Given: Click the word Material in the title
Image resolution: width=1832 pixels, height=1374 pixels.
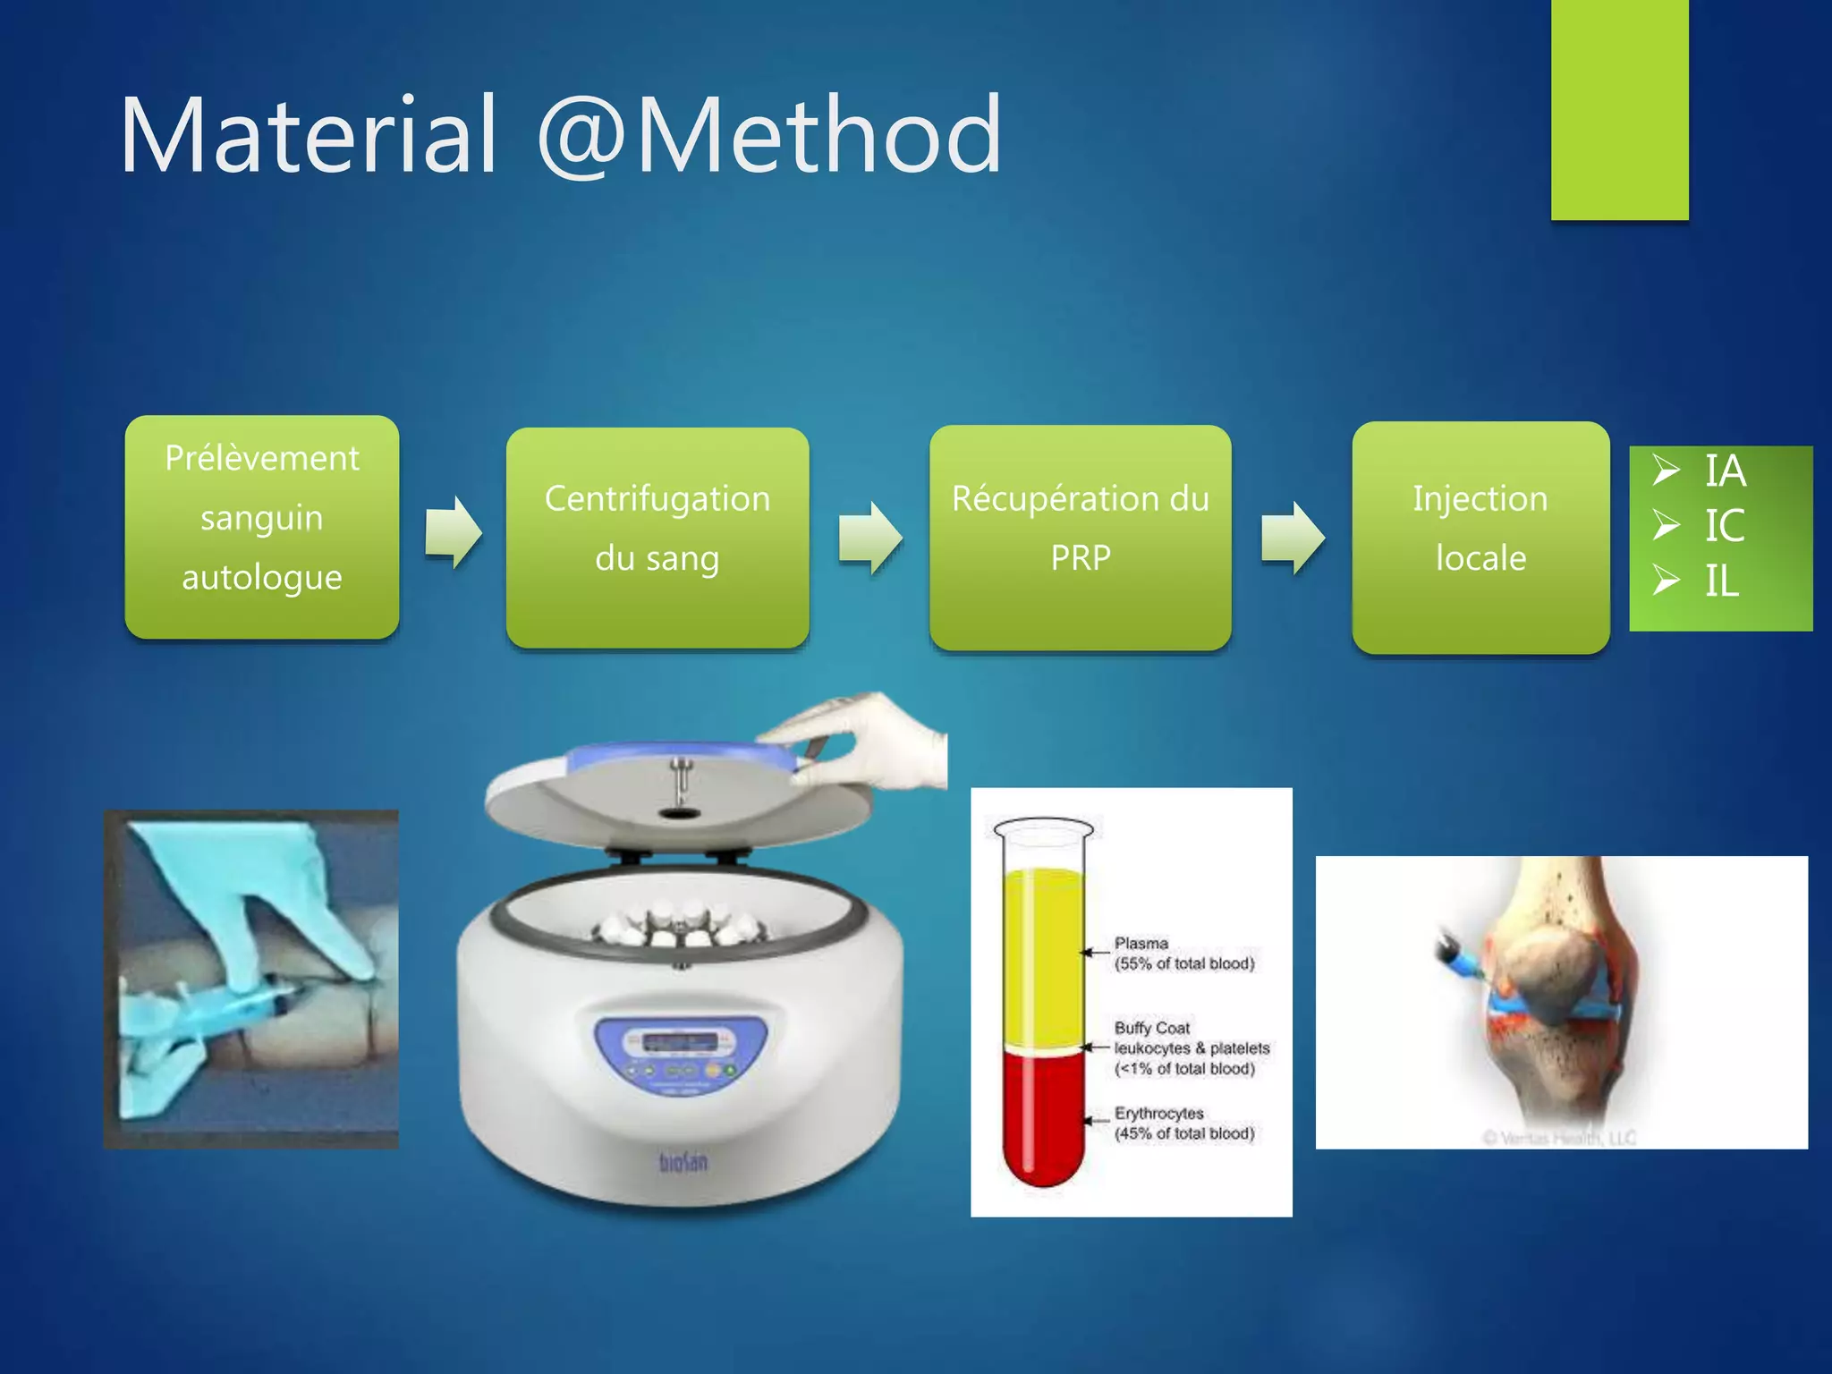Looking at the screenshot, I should [309, 136].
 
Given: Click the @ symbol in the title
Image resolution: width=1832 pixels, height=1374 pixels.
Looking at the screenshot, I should [581, 136].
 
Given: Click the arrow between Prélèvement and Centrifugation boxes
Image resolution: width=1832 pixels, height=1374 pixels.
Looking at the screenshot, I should [454, 532].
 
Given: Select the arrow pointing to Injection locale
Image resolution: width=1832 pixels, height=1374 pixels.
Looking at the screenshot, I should [1293, 537].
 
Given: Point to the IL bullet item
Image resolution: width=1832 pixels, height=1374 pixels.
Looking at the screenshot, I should [1720, 581].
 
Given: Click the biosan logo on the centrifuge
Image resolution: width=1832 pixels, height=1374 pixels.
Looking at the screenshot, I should [683, 1162].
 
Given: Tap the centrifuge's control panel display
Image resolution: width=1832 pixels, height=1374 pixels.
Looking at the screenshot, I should [680, 1043].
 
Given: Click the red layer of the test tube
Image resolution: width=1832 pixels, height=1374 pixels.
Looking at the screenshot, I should [1042, 1118].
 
